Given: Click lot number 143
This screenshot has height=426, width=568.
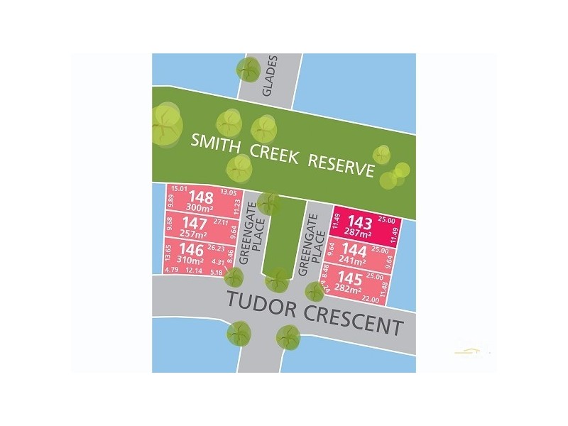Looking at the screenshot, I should click(354, 221).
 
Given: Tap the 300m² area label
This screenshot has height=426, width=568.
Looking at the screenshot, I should click(201, 207).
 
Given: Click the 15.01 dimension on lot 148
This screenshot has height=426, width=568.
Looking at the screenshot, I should click(178, 189).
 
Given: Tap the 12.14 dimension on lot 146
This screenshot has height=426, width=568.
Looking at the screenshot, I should click(194, 271).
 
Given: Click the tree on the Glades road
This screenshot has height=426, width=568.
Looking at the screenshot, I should click(248, 69).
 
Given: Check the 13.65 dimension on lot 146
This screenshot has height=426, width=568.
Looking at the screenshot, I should click(168, 252).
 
